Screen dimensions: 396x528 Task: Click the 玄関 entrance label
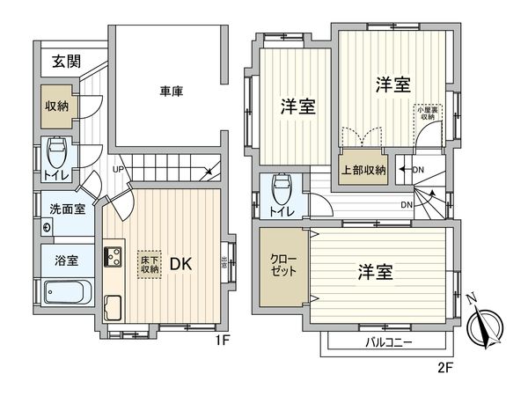pyautogui.click(x=65, y=62)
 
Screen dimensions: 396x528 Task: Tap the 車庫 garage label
pyautogui.click(x=171, y=90)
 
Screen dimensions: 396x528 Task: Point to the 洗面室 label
pyautogui.click(x=65, y=210)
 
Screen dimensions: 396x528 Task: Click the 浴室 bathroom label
pyautogui.click(x=66, y=261)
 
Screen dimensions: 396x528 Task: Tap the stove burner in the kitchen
pyautogui.click(x=114, y=258)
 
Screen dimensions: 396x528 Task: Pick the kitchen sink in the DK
pyautogui.click(x=114, y=308)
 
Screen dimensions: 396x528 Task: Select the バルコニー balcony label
pyautogui.click(x=388, y=341)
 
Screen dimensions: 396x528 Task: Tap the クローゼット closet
pyautogui.click(x=283, y=265)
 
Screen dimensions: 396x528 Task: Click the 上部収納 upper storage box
pyautogui.click(x=363, y=170)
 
